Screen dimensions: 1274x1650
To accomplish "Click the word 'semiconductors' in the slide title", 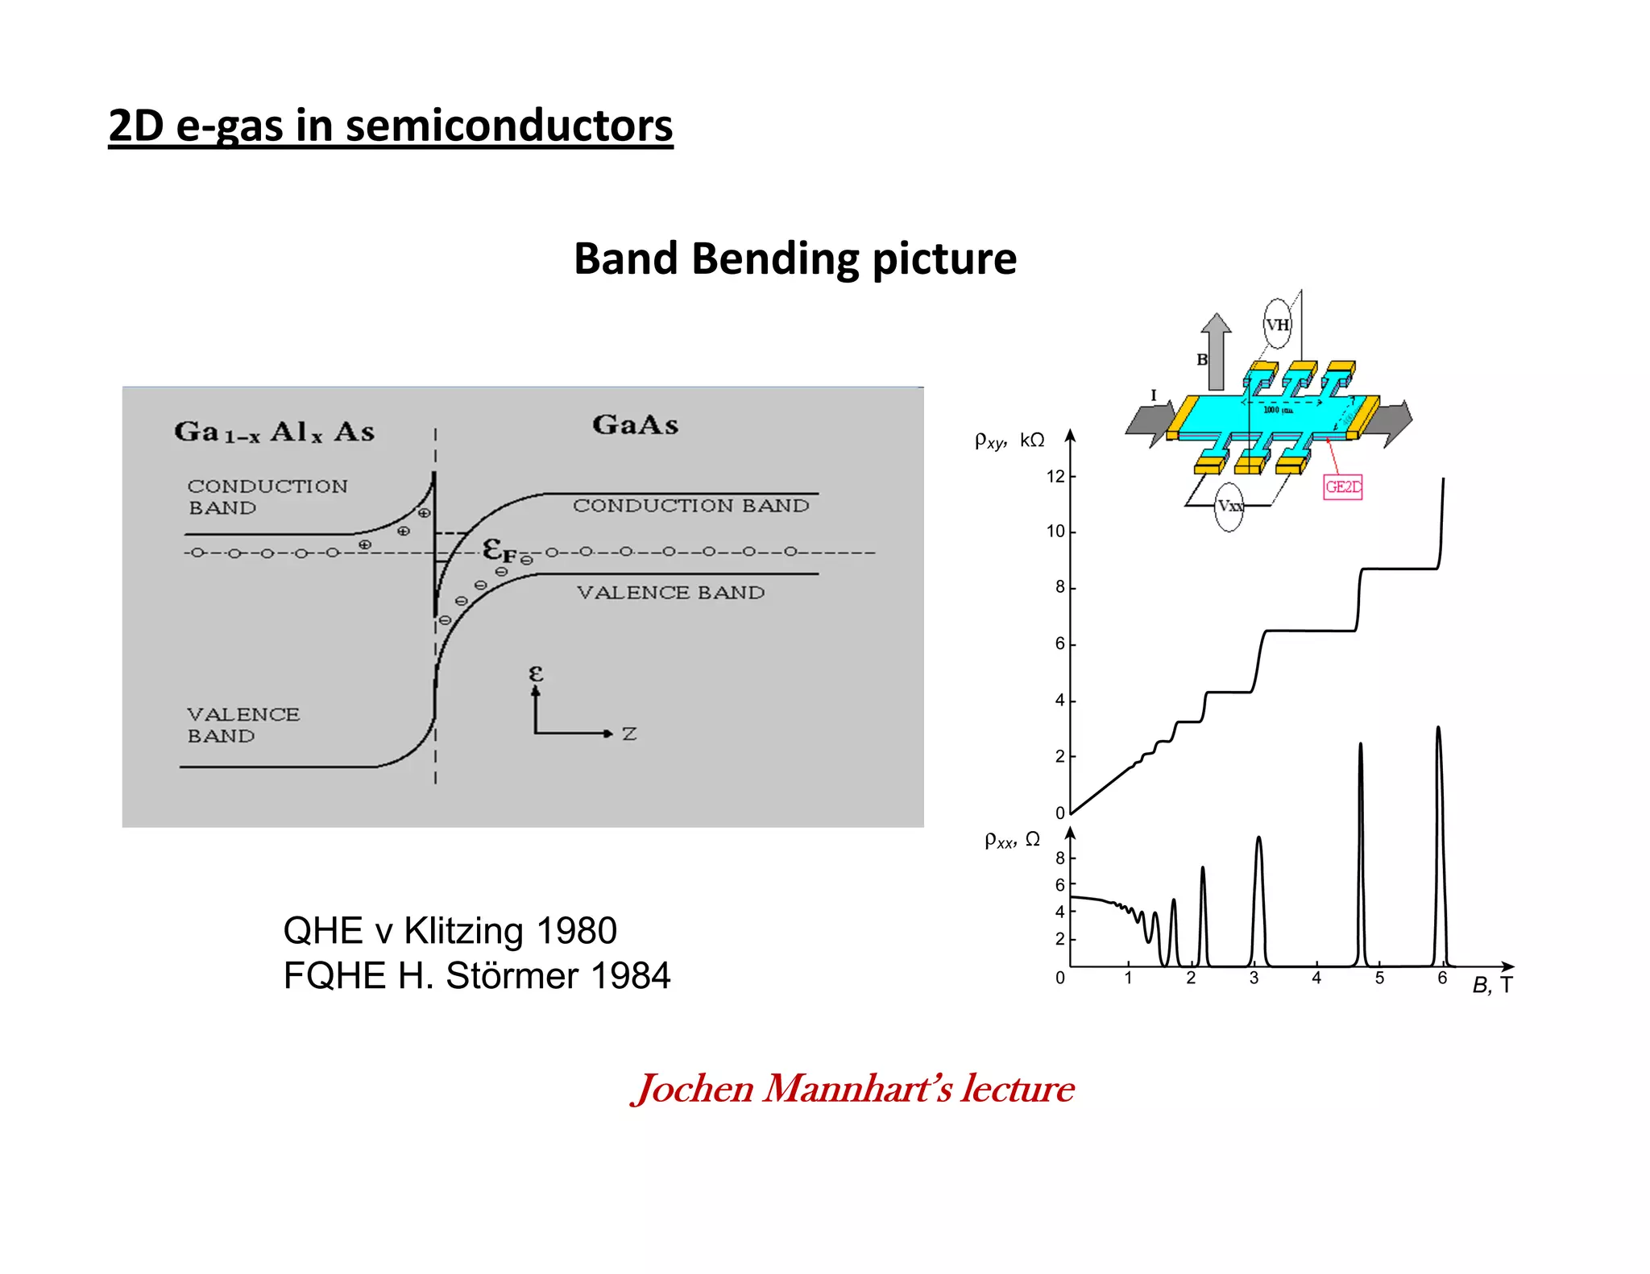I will click(x=509, y=126).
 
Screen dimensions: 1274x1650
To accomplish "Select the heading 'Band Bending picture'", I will click(x=795, y=259).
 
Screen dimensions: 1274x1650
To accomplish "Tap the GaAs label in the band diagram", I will click(x=635, y=424).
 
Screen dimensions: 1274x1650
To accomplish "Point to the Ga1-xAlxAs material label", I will click(x=274, y=432).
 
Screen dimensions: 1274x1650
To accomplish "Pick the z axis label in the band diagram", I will click(x=629, y=734).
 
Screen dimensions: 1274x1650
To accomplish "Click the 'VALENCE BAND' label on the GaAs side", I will click(x=670, y=593).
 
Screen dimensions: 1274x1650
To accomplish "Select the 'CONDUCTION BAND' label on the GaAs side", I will click(x=690, y=506).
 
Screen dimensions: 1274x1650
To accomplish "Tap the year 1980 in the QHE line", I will click(x=576, y=931).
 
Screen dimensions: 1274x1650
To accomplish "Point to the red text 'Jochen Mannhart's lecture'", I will click(x=852, y=1089).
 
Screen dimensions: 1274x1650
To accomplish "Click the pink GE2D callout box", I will click(x=1342, y=487).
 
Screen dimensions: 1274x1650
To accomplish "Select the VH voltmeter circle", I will click(x=1277, y=325).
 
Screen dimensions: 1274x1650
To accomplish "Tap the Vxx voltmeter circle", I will click(x=1229, y=507).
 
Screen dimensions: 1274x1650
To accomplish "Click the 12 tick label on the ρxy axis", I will click(x=1055, y=477).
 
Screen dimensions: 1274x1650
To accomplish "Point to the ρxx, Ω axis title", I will click(x=1012, y=840).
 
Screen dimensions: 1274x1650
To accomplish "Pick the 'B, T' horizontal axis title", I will click(x=1492, y=985).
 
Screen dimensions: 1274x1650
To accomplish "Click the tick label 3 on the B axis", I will click(x=1254, y=978).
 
